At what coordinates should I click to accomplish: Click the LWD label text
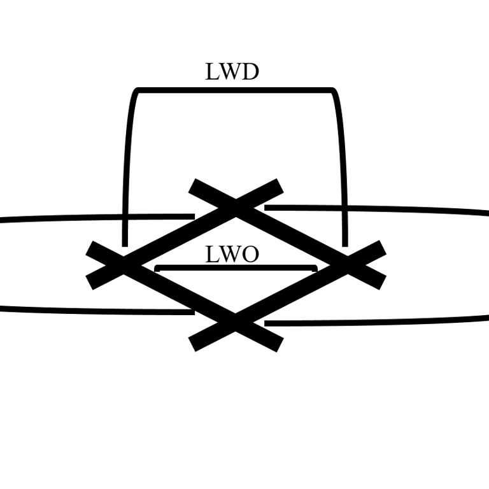232,71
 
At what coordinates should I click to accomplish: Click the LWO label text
232,255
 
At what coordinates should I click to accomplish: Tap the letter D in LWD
250,71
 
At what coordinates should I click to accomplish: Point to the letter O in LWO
250,255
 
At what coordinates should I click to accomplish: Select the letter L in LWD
211,71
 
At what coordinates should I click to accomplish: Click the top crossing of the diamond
236,206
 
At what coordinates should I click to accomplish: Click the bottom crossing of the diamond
236,323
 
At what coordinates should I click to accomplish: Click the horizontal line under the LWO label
236,267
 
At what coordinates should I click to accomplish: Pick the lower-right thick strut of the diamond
293,294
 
